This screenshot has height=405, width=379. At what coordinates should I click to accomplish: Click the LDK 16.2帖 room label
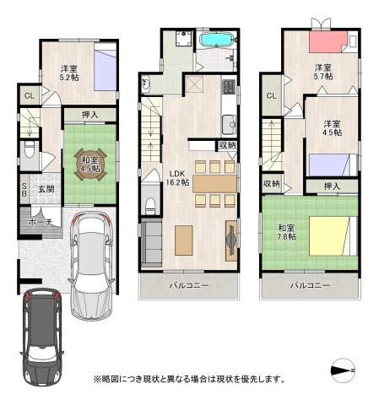(177, 178)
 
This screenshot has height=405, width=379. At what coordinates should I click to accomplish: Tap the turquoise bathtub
(216, 39)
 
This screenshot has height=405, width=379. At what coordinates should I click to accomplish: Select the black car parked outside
(42, 337)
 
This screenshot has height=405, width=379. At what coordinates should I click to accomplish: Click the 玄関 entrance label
(46, 189)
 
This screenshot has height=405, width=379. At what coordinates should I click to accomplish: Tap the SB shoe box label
(24, 190)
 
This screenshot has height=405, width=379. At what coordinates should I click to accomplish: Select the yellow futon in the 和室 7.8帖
(329, 235)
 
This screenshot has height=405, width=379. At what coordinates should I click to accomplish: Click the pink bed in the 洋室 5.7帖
(328, 41)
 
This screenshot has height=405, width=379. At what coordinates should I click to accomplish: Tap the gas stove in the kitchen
(229, 87)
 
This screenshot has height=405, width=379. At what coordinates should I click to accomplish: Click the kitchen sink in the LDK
(230, 124)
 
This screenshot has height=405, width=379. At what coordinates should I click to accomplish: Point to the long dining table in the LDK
(214, 184)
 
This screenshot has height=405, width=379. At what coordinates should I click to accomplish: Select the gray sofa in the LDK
(151, 242)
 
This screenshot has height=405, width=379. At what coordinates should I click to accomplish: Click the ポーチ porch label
(41, 222)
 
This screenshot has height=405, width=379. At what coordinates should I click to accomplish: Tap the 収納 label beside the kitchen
(227, 145)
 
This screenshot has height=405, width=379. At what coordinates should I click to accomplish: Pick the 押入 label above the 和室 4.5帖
(90, 115)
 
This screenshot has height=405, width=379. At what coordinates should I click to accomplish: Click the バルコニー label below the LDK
(189, 286)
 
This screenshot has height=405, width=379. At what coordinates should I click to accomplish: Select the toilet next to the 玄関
(30, 150)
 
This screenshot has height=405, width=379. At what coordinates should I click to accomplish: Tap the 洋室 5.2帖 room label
(69, 73)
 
